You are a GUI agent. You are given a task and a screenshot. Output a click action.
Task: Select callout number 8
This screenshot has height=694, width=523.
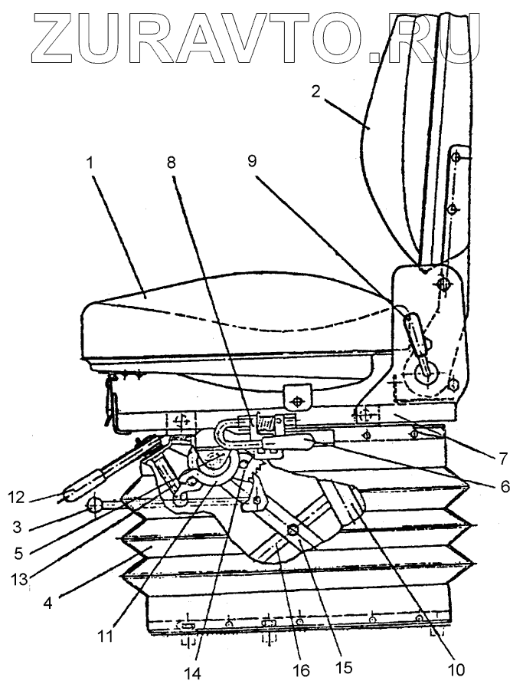click(x=170, y=163)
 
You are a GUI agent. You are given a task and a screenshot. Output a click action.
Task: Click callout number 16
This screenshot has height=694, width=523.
click(x=302, y=670)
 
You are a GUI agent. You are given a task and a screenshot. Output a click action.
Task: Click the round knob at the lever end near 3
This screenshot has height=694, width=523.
click(x=95, y=505)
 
